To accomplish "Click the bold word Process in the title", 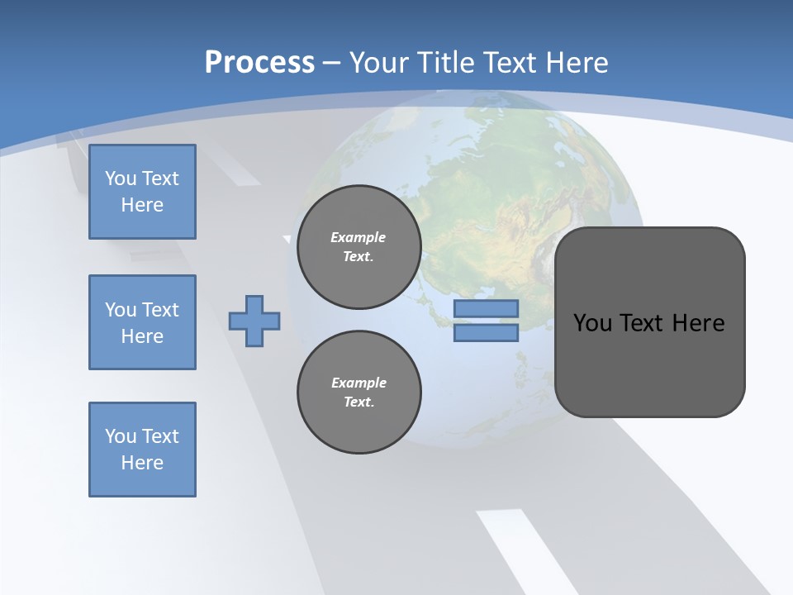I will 259,63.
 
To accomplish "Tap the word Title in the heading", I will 444,63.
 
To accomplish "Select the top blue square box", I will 142,192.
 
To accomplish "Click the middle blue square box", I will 142,322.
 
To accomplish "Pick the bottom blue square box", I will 142,450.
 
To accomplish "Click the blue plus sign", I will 254,321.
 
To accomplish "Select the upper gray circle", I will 359,247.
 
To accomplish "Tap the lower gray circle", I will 359,393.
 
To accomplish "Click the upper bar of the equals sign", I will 486,308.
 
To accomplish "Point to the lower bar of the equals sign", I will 486,333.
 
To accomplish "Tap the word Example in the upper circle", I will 358,237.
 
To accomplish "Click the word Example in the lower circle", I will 358,383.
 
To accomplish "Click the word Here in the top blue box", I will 142,205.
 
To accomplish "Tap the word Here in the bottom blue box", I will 142,463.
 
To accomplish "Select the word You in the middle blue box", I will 121,310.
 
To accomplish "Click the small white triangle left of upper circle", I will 287,239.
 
